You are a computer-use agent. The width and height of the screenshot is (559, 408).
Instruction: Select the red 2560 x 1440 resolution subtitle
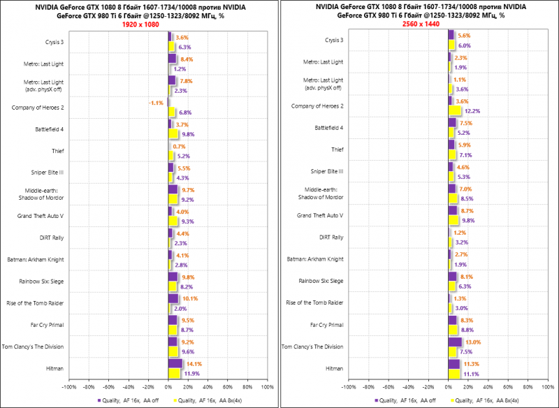[x=419, y=24]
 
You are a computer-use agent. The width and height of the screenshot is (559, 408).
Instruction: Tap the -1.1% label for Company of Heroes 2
[x=156, y=103]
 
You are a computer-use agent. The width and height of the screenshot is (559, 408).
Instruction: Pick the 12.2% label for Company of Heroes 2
[x=472, y=111]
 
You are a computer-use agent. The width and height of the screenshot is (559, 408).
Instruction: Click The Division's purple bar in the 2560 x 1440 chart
[x=455, y=342]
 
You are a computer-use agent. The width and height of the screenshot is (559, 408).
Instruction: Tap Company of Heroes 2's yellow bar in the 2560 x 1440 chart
[x=454, y=111]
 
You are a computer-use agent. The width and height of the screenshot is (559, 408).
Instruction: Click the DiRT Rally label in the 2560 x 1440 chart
[x=331, y=238]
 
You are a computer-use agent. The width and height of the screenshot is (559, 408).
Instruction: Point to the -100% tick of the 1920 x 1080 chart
[x=69, y=386]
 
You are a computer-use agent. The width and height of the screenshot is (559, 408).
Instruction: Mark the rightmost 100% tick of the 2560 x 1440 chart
[x=544, y=386]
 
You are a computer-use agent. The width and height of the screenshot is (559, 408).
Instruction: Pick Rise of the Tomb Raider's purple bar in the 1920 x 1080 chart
[x=173, y=298]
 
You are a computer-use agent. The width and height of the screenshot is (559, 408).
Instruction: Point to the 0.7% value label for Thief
[x=180, y=146]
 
